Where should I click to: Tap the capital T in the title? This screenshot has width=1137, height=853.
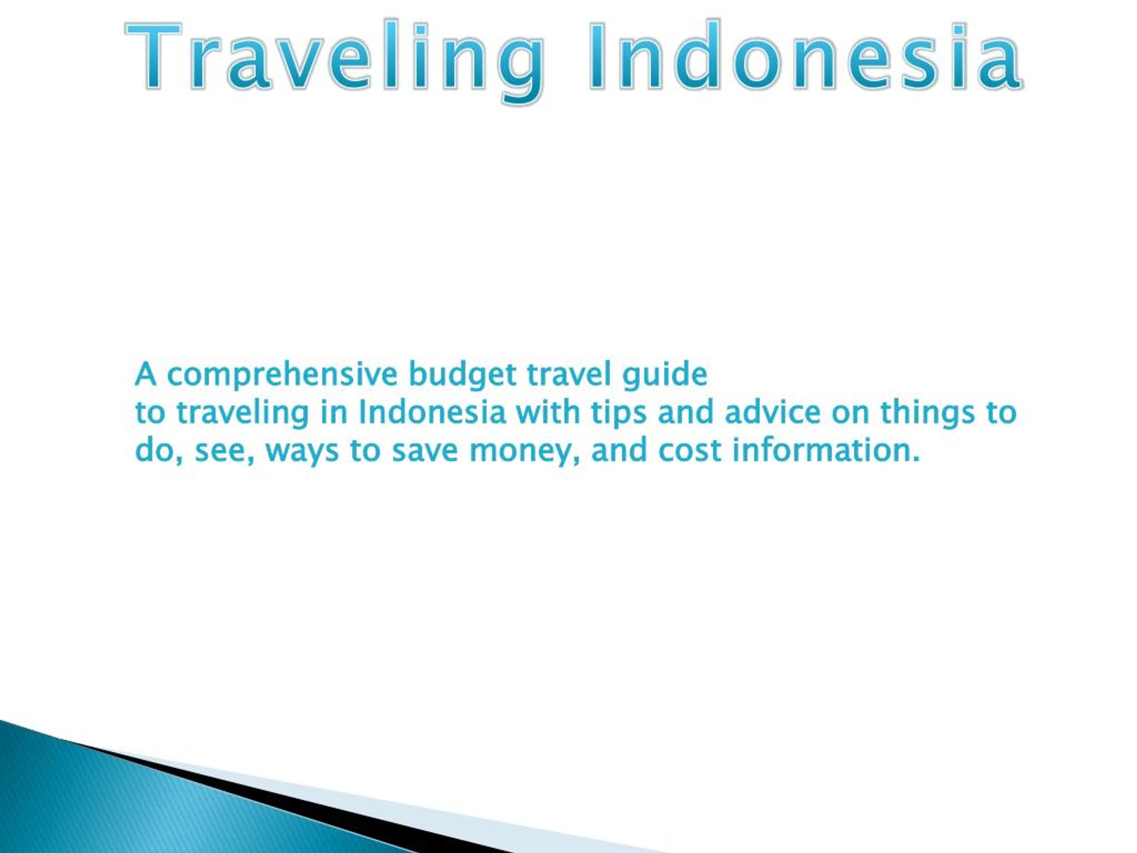click(154, 56)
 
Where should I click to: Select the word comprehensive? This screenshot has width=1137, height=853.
click(282, 375)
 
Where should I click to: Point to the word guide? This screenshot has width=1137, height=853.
click(664, 375)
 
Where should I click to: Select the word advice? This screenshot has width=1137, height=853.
click(772, 412)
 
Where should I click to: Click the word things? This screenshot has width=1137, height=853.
click(927, 413)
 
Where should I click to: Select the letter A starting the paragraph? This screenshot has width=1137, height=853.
click(146, 375)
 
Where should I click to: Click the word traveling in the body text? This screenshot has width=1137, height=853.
click(242, 413)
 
